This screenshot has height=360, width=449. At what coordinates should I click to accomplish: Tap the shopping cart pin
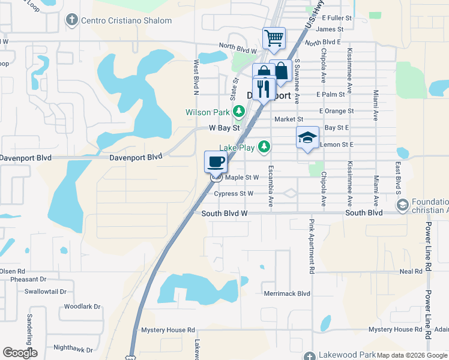274,38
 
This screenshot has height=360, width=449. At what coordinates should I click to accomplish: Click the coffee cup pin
216,161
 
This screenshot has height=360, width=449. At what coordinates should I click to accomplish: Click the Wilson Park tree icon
239,112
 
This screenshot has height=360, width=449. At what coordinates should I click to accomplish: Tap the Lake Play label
237,146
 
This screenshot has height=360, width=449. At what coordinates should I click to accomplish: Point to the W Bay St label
224,128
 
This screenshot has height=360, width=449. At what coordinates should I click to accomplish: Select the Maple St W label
242,177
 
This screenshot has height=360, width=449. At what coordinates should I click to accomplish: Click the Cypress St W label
234,193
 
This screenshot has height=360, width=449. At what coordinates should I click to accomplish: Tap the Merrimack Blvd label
287,293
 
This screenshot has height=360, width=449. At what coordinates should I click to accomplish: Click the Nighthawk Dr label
73,349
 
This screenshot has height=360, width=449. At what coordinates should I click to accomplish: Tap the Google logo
20,353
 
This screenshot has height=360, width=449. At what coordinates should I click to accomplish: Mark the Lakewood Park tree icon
309,356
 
